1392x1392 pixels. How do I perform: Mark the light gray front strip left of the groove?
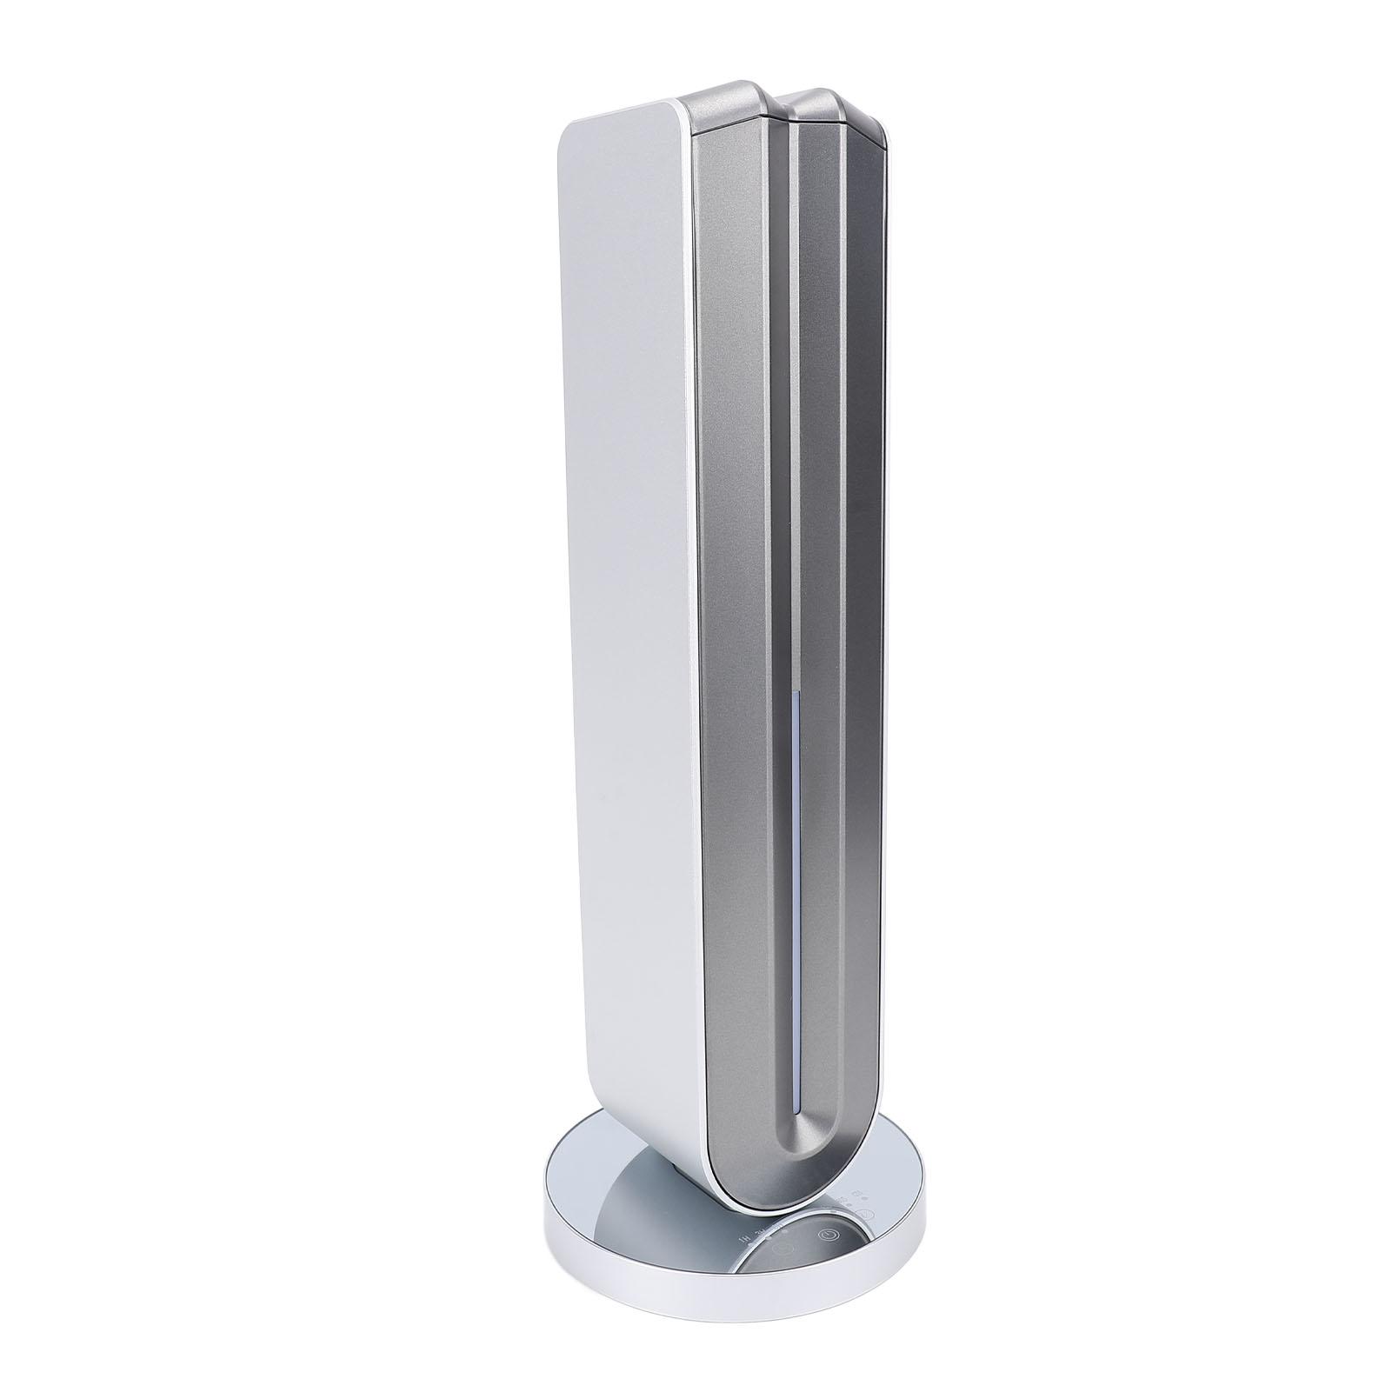pyautogui.click(x=739, y=609)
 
